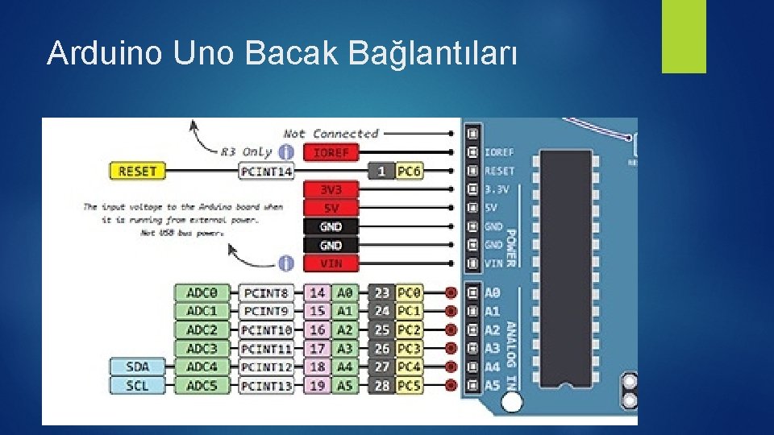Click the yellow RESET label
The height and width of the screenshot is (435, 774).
point(137,171)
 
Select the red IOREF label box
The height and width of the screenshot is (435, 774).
point(331,151)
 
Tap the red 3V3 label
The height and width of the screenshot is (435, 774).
point(331,189)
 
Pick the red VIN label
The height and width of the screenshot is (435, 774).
point(331,263)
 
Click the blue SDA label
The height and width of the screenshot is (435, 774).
point(137,367)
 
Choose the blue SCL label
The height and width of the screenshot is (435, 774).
point(137,385)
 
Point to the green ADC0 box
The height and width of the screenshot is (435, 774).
point(202,292)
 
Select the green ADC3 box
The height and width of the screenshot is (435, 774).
point(202,348)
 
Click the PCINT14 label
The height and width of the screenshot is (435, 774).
point(267,171)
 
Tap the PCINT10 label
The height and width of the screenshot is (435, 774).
point(267,329)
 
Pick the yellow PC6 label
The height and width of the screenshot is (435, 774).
point(409,171)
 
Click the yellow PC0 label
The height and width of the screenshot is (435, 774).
point(409,292)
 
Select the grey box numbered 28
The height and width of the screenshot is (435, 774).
point(381,385)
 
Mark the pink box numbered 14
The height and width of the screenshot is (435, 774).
point(318,292)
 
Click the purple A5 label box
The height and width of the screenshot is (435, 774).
point(344,385)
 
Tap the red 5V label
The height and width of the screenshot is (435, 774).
point(331,208)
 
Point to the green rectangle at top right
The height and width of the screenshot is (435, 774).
point(684,36)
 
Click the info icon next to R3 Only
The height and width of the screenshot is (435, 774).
point(285,151)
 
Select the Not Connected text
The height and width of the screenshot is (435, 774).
point(331,134)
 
